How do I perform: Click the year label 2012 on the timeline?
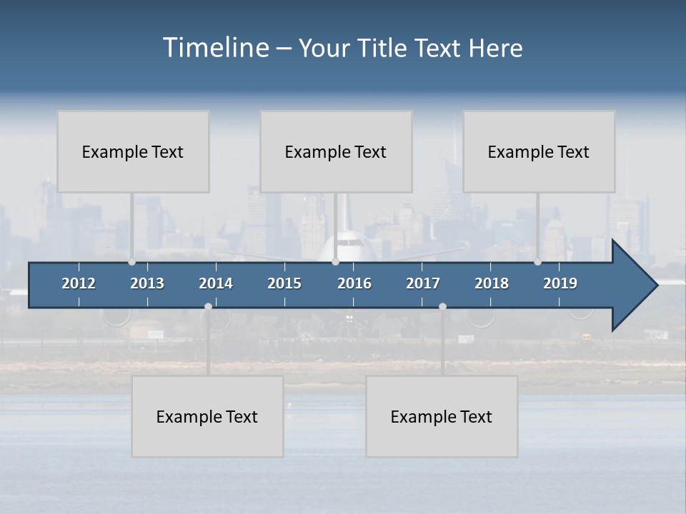[x=79, y=283]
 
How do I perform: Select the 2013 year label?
[x=147, y=283]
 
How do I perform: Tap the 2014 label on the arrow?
[x=216, y=283]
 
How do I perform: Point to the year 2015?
[x=284, y=283]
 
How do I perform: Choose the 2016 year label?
[x=354, y=283]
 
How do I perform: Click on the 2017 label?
[x=423, y=283]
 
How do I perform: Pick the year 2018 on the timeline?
[x=492, y=283]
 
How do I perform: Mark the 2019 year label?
[x=560, y=283]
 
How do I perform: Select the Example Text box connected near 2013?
[x=133, y=151]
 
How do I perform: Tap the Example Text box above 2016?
[x=336, y=151]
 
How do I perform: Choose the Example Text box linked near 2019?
[x=539, y=151]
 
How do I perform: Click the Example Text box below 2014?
[x=207, y=416]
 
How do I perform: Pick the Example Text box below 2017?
[x=442, y=416]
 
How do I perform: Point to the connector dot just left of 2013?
[x=132, y=262]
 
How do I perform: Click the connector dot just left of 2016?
[x=335, y=262]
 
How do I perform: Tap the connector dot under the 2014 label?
[x=208, y=307]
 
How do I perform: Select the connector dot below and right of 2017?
[x=442, y=307]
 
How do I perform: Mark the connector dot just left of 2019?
[x=538, y=262]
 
